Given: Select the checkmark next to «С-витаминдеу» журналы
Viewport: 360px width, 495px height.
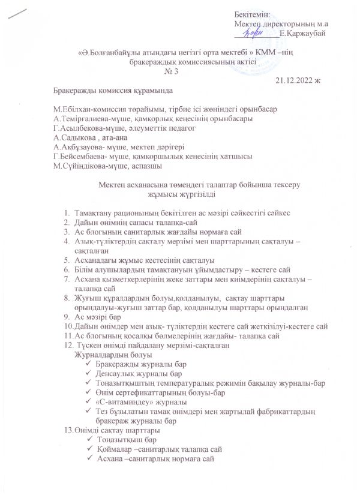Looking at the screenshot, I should point(89,401).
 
